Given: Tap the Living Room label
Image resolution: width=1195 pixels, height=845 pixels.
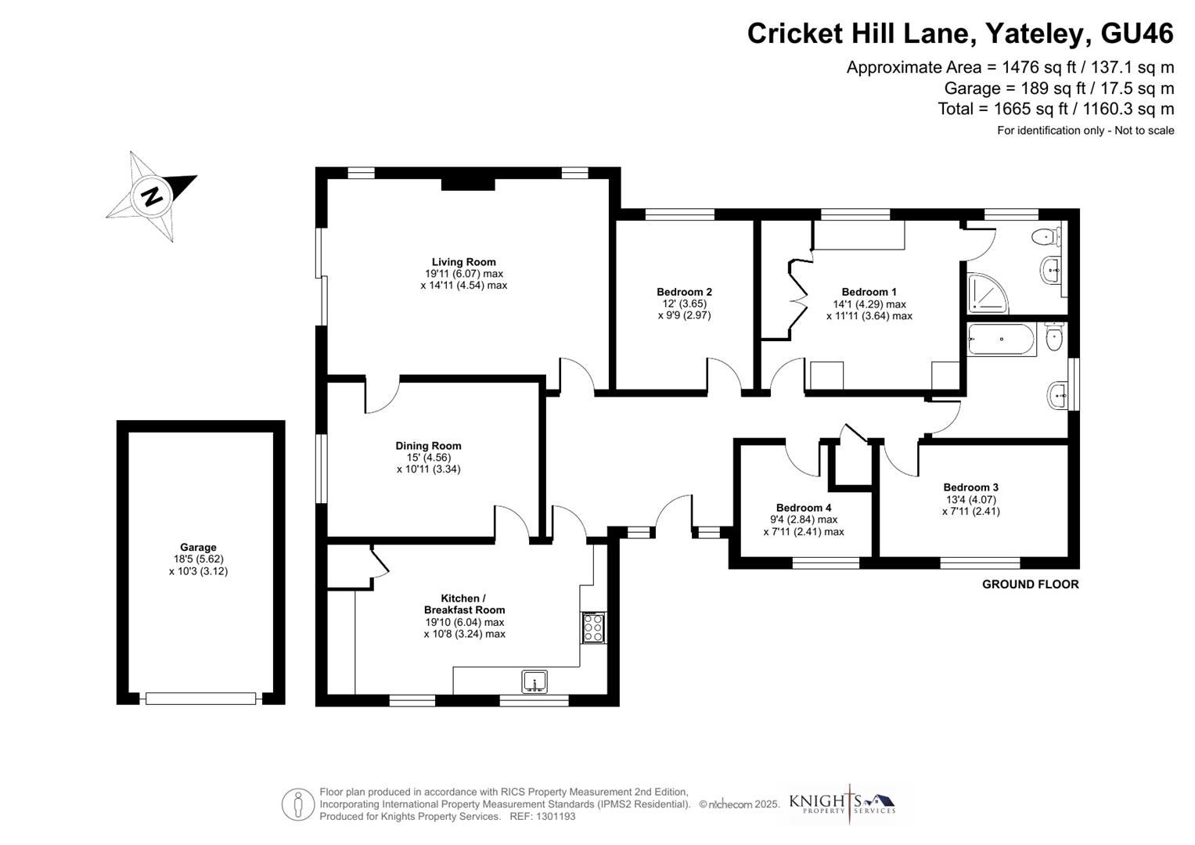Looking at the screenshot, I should point(463,262).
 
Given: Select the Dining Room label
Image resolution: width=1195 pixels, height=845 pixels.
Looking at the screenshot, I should point(428,446).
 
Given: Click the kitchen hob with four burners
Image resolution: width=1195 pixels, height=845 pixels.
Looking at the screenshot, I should point(593,627).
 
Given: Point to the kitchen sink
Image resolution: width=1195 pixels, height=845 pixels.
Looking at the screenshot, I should point(535,682).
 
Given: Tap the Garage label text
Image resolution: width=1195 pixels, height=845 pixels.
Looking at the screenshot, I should point(198,548).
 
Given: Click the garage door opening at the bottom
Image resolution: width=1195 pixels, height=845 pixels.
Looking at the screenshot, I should point(201,698).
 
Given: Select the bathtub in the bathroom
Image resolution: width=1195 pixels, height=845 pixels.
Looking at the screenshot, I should point(1001,340).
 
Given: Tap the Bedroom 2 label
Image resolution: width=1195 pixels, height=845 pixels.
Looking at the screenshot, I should point(684,292).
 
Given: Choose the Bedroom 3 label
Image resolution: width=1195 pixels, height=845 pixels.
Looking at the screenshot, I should point(970,487).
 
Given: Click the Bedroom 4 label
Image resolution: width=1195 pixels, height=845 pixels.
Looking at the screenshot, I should point(804,508).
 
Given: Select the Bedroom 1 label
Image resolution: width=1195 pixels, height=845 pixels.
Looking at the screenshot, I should point(869,292).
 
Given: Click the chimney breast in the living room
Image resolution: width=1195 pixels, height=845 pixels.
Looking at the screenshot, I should point(468,184).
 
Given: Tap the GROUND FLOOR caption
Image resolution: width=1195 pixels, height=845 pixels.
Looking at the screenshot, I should point(1030,584).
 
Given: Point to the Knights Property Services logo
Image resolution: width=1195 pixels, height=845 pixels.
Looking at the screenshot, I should point(842,804).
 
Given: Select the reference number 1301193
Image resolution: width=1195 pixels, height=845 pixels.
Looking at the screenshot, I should point(553,816).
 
